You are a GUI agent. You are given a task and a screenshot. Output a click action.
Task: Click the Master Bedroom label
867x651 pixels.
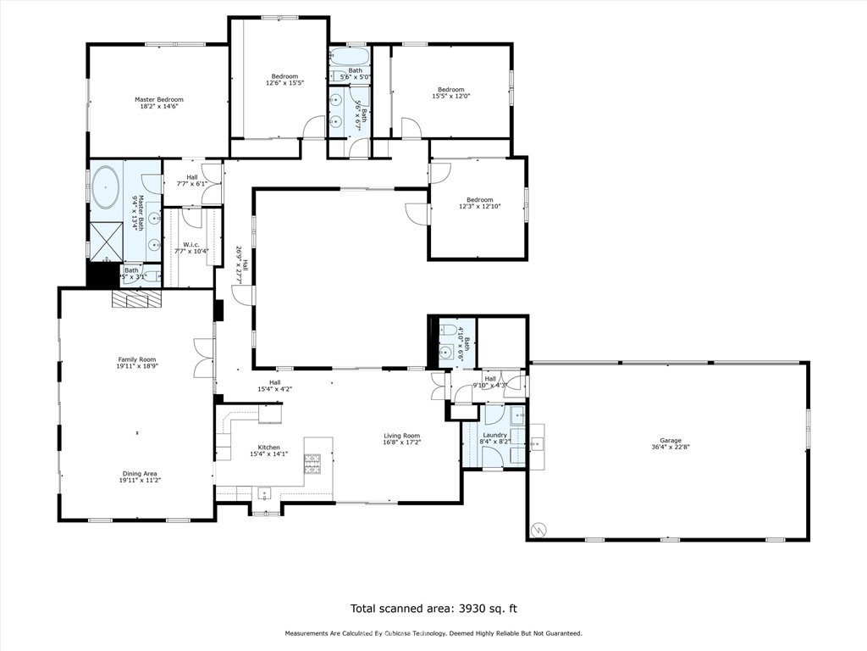(158, 99)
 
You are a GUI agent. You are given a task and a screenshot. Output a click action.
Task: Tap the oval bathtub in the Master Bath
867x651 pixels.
(106, 187)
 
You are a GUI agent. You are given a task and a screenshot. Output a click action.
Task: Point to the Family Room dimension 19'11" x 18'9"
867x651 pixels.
(136, 367)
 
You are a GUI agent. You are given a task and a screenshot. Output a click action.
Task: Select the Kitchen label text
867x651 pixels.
(269, 447)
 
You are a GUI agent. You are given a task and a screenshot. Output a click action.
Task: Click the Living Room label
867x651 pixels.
(401, 436)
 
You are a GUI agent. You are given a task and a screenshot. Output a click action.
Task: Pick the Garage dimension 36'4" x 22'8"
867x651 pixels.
(671, 448)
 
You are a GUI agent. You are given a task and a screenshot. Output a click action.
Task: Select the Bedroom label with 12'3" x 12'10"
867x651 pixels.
(479, 200)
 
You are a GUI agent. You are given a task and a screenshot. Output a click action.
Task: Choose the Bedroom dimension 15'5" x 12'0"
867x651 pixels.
(450, 96)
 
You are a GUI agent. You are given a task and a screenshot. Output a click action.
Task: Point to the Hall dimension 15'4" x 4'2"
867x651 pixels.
(274, 389)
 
